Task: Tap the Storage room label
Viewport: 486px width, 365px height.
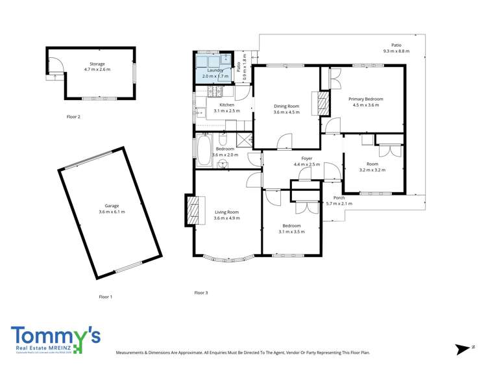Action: (x=97, y=64)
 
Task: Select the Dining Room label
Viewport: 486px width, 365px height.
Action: (x=286, y=106)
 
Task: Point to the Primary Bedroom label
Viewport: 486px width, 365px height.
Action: (x=368, y=99)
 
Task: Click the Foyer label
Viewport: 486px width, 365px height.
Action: (x=307, y=158)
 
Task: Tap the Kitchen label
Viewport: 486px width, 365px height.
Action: (x=226, y=105)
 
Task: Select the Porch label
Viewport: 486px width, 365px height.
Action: (x=339, y=197)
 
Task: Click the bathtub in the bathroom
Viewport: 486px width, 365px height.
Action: (x=204, y=149)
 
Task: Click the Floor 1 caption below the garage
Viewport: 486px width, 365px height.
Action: (x=105, y=297)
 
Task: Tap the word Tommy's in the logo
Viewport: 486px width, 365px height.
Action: (x=55, y=336)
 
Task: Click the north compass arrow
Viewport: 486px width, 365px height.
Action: (x=463, y=349)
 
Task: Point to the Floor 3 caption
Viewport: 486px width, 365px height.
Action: (x=201, y=292)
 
